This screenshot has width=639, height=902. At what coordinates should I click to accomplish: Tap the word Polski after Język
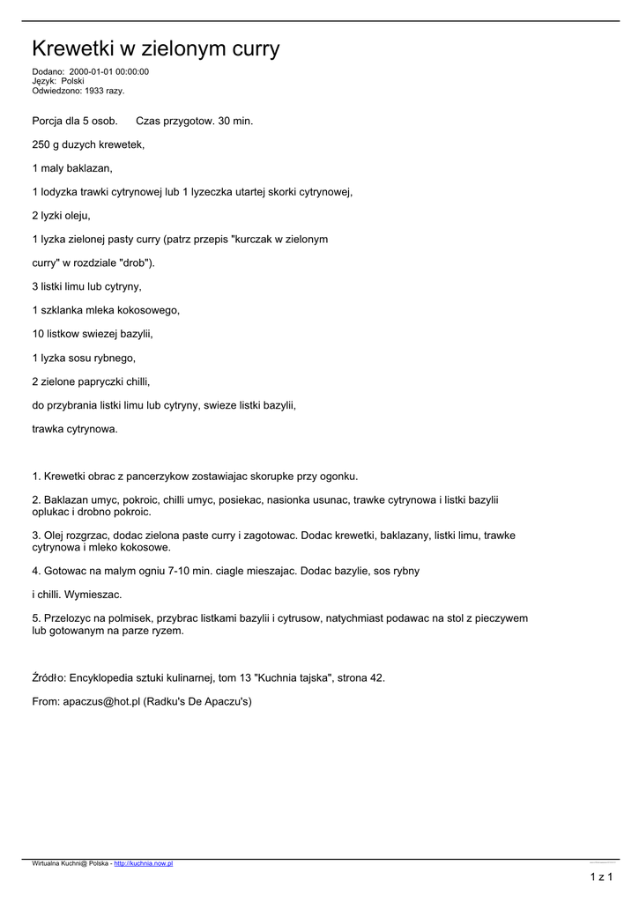pos(72,81)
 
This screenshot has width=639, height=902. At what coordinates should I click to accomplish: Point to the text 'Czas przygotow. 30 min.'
pos(194,120)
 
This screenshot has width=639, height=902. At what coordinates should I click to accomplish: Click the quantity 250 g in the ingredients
pos(46,144)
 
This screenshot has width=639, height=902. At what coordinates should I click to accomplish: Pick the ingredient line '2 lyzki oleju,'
pos(61,215)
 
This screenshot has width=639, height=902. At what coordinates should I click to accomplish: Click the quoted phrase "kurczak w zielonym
pos(279,239)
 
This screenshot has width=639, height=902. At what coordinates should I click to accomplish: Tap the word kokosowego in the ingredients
pos(149,310)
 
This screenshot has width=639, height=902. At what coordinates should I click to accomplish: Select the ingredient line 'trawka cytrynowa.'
pos(74,429)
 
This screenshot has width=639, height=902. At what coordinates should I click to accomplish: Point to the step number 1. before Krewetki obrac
pos(36,476)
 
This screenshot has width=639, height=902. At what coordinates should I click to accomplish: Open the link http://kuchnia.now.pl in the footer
pos(143,864)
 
